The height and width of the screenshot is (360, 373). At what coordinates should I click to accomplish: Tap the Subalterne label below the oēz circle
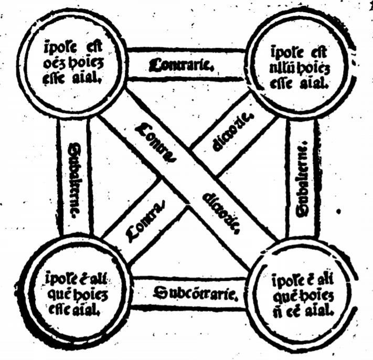point(74,178)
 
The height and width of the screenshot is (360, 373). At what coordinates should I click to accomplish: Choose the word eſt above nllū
point(313,54)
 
